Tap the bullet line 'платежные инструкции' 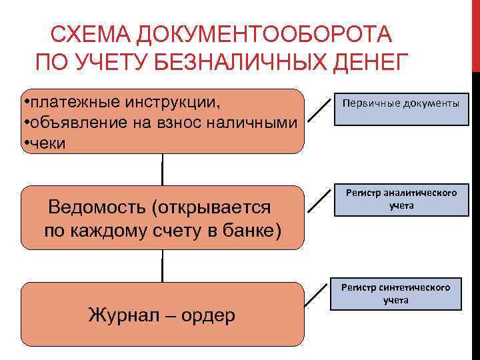[123, 103]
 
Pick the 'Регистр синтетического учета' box [396, 293]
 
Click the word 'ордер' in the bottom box [211, 315]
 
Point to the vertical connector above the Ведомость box [162, 170]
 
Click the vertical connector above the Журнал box [162, 266]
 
